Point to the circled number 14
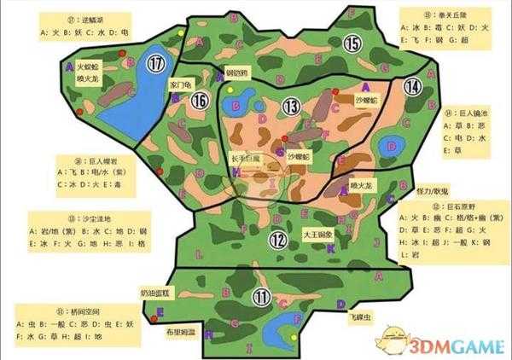(x=413, y=86)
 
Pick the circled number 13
(x=292, y=106)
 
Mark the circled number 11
(x=263, y=298)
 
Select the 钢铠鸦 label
(x=236, y=73)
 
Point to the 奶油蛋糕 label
(x=154, y=293)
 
